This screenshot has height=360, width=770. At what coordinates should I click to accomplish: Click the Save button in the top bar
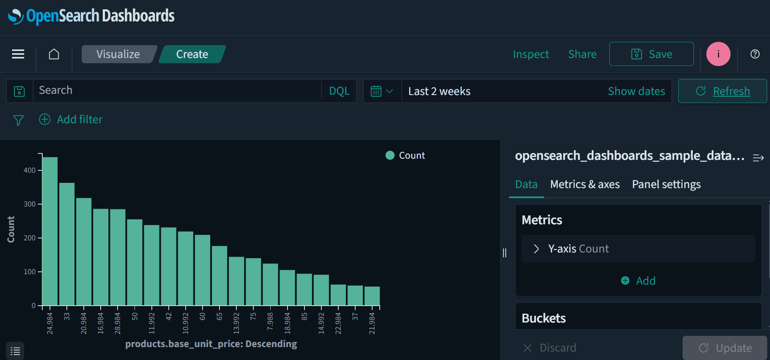(x=651, y=54)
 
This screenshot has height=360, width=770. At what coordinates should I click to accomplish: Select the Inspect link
(x=531, y=54)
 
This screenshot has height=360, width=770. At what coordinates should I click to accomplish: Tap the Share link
(x=582, y=54)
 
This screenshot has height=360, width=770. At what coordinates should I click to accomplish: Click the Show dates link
(x=636, y=91)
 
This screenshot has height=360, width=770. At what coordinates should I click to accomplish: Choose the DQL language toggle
(x=339, y=91)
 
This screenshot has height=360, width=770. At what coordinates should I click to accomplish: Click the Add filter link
(x=79, y=120)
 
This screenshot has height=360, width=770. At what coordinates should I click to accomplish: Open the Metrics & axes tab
(x=585, y=184)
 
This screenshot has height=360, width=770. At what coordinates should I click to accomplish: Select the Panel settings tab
(x=666, y=184)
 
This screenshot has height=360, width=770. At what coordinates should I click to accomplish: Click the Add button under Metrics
(x=639, y=281)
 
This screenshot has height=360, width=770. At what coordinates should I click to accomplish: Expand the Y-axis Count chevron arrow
(x=536, y=249)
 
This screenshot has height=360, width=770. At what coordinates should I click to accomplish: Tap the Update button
(x=725, y=348)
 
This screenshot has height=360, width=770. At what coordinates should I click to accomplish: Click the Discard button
(x=550, y=348)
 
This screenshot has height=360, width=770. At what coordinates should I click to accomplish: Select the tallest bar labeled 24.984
(x=50, y=231)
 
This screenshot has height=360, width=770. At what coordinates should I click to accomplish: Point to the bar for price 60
(x=203, y=270)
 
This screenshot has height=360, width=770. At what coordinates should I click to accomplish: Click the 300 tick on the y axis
(x=29, y=204)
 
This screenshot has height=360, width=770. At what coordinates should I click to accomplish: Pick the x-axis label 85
(x=304, y=317)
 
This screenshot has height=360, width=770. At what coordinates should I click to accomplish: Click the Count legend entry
(x=406, y=155)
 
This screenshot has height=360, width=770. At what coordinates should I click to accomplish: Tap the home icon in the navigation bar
(x=54, y=54)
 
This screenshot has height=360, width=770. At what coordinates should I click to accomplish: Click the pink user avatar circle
(x=718, y=54)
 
